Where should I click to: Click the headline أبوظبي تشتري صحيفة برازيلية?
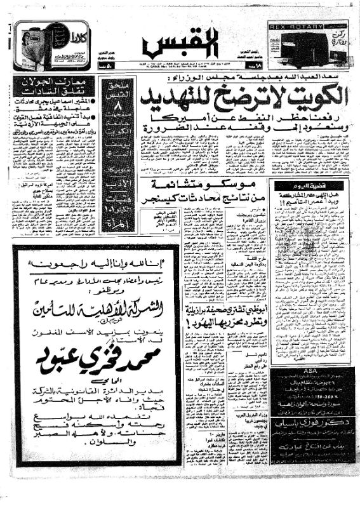tap(221, 312)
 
